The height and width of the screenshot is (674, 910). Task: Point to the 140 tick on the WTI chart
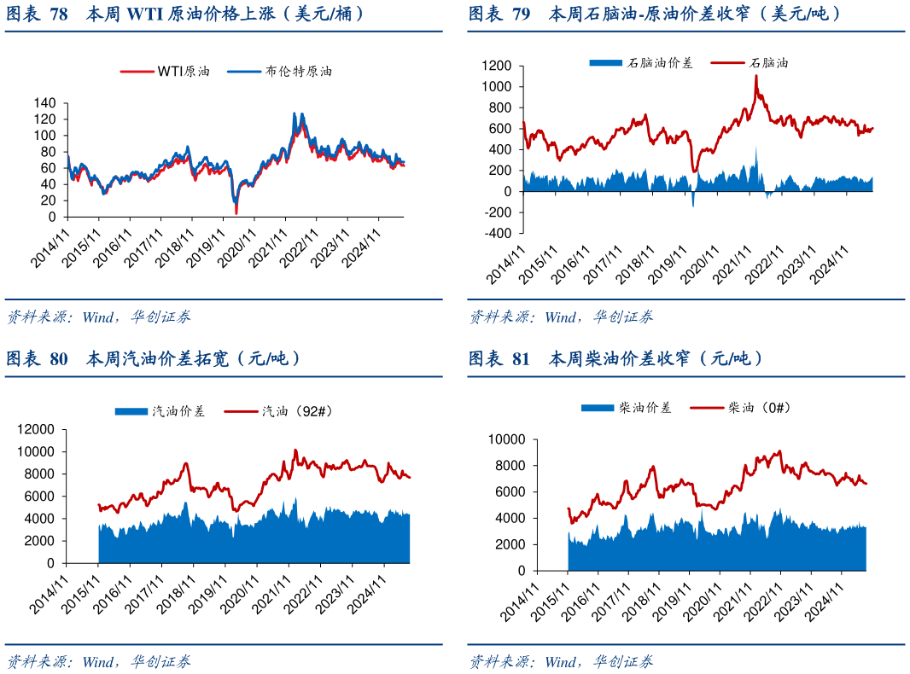pyautogui.click(x=44, y=103)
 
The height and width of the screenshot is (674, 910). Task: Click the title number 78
pyautogui.click(x=59, y=15)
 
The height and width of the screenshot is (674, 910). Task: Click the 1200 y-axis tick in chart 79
pyautogui.click(x=496, y=66)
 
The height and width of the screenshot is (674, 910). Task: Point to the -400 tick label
pyautogui.click(x=496, y=234)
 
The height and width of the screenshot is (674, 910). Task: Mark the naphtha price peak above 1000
pyautogui.click(x=755, y=76)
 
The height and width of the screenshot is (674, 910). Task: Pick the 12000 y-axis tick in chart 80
pyautogui.click(x=37, y=429)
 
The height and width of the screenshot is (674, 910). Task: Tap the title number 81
pyautogui.click(x=522, y=359)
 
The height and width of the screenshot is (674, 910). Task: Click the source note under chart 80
pyautogui.click(x=98, y=661)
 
